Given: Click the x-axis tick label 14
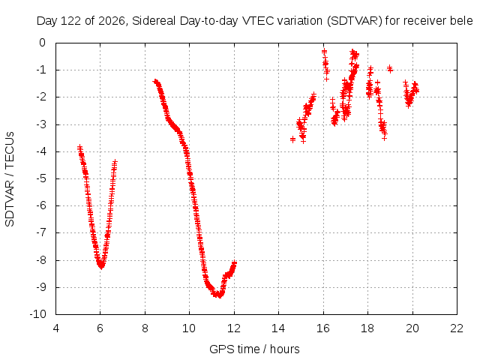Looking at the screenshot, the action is (278, 328).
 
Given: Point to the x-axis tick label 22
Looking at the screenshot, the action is (457, 328).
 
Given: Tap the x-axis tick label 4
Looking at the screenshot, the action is (55, 328).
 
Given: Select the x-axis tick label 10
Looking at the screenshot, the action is (189, 328).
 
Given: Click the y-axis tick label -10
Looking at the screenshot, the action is (38, 314).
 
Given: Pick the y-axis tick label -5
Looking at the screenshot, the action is (41, 178).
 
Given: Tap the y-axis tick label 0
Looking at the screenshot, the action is (43, 43).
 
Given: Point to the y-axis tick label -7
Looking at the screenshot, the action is (41, 232).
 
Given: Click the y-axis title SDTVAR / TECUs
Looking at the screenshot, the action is (10, 179).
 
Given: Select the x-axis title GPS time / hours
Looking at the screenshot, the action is (254, 349).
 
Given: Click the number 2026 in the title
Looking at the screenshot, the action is (112, 21).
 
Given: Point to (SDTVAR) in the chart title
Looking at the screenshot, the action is (354, 21).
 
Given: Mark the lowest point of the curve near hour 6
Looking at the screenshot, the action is (101, 266).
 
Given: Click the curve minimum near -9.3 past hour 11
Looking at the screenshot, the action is (220, 295).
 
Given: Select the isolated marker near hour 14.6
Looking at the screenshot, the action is (292, 139).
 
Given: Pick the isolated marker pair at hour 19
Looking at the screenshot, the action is (390, 69).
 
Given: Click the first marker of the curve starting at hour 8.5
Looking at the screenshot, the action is (155, 81).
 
